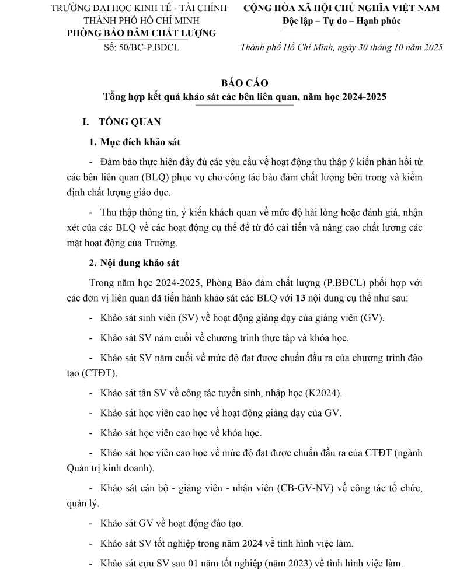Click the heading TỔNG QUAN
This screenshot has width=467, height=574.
click(130, 123)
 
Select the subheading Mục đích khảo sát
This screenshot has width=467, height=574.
click(144, 143)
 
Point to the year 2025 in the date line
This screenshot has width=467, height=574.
click(432, 47)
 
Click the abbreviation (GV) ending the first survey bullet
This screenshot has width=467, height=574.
click(372, 318)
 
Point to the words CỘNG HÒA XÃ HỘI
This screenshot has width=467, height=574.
click(297, 8)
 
